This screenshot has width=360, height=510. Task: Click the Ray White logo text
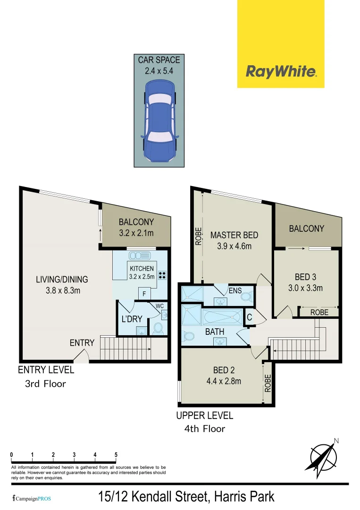[281, 72]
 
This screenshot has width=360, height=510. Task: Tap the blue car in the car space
[159, 121]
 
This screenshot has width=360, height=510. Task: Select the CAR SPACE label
[159, 60]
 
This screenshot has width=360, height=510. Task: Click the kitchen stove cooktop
[163, 275]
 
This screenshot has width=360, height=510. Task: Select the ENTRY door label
[82, 343]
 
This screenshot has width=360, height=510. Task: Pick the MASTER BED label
[234, 235]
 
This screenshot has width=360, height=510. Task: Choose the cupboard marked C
[249, 317]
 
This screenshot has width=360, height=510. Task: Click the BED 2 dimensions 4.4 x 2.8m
[224, 381]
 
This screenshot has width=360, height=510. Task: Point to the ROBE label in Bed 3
[319, 312]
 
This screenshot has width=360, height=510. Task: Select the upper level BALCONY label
[306, 229]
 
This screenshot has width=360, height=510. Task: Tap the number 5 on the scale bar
[116, 455]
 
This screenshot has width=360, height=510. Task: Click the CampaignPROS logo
[32, 498]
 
